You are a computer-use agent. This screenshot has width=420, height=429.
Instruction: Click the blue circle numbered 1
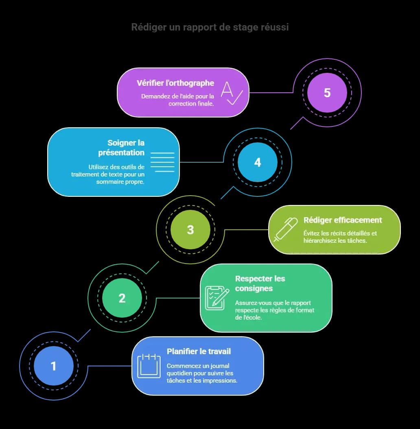click(53, 366)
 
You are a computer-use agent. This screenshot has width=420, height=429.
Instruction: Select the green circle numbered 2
click(122, 298)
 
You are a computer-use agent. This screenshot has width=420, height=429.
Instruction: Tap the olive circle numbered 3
click(190, 230)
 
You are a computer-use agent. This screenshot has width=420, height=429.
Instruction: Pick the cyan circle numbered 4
click(258, 162)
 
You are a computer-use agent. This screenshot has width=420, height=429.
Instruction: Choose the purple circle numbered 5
click(327, 93)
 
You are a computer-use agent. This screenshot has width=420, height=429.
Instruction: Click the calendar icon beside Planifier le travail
click(149, 366)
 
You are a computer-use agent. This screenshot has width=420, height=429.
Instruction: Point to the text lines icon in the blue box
click(162, 162)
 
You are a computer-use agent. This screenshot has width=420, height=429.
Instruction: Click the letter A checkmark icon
click(232, 93)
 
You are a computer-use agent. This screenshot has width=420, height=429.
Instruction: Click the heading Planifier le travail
click(199, 351)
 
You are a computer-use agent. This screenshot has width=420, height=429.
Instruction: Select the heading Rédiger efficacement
click(343, 220)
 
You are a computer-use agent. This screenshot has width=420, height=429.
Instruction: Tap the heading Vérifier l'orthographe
click(175, 83)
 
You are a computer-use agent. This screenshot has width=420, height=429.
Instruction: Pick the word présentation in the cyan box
click(121, 152)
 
